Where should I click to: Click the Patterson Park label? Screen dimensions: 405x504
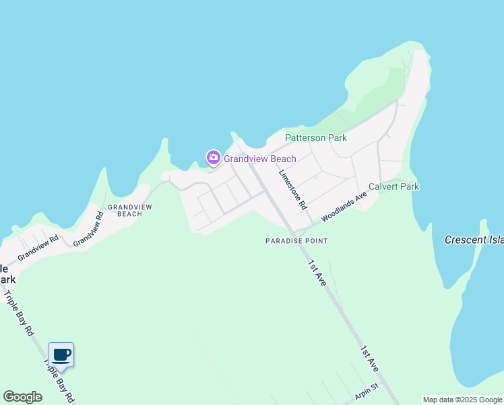coord(315,138)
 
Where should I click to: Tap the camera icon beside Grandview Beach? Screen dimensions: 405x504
coord(214,159)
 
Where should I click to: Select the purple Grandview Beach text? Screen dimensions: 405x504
coord(259,159)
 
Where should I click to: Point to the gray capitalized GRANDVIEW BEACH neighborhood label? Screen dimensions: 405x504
coord(125,210)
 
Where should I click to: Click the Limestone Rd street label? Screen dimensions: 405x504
coord(293,188)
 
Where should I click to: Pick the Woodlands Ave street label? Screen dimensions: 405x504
coord(344,207)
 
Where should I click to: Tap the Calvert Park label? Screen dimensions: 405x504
coord(393,186)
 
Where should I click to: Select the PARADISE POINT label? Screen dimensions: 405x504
coord(296,241)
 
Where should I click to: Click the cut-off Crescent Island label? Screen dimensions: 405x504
coord(474,240)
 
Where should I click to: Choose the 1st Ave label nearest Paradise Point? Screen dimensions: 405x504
coord(317,273)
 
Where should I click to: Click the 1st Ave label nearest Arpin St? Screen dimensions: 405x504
coord(369,359)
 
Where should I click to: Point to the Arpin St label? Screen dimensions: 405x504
coord(367,392)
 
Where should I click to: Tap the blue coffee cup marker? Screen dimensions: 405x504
coord(61,355)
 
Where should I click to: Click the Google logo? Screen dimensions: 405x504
coord(22,397)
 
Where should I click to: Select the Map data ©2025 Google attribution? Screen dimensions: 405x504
coord(462,400)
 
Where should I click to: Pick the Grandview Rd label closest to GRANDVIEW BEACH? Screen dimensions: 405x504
coord(88,230)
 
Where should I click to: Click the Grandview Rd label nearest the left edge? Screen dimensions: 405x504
coord(38,248)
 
